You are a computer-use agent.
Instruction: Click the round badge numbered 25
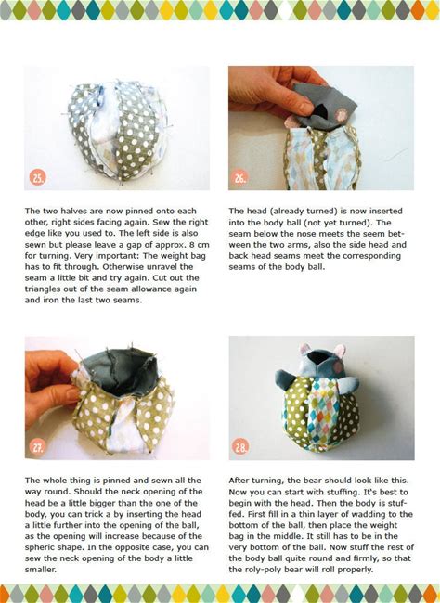(x=38, y=178)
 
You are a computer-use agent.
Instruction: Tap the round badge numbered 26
(x=240, y=178)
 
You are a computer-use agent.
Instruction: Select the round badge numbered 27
(x=37, y=447)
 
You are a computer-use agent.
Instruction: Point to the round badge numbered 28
(x=240, y=447)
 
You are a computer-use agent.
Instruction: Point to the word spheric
(x=40, y=547)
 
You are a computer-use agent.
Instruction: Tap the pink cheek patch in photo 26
(x=341, y=114)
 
